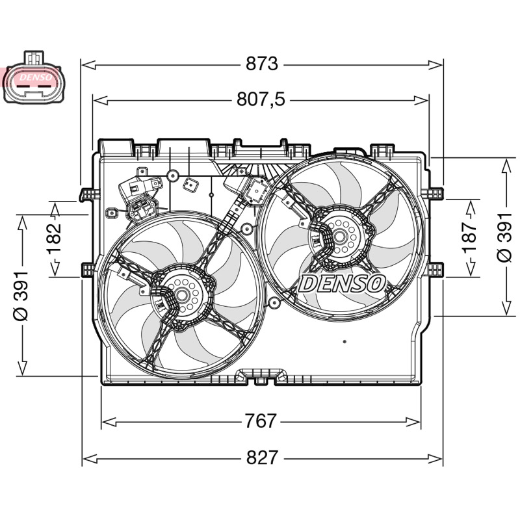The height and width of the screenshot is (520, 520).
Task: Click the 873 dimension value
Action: point(262,64)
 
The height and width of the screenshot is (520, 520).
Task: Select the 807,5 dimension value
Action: point(261,99)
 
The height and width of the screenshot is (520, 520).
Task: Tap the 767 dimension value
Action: point(261,421)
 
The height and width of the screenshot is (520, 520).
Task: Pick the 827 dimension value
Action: point(262,458)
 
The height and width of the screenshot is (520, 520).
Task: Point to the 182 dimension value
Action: point(55,239)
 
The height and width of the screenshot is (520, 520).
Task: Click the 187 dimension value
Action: point(470,237)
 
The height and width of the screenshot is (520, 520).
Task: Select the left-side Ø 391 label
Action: point(21,296)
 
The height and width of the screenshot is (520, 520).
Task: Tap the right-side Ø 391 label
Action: point(504,237)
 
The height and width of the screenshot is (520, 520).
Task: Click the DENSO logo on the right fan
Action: point(342,284)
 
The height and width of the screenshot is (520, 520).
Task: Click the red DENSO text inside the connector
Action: point(36,77)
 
